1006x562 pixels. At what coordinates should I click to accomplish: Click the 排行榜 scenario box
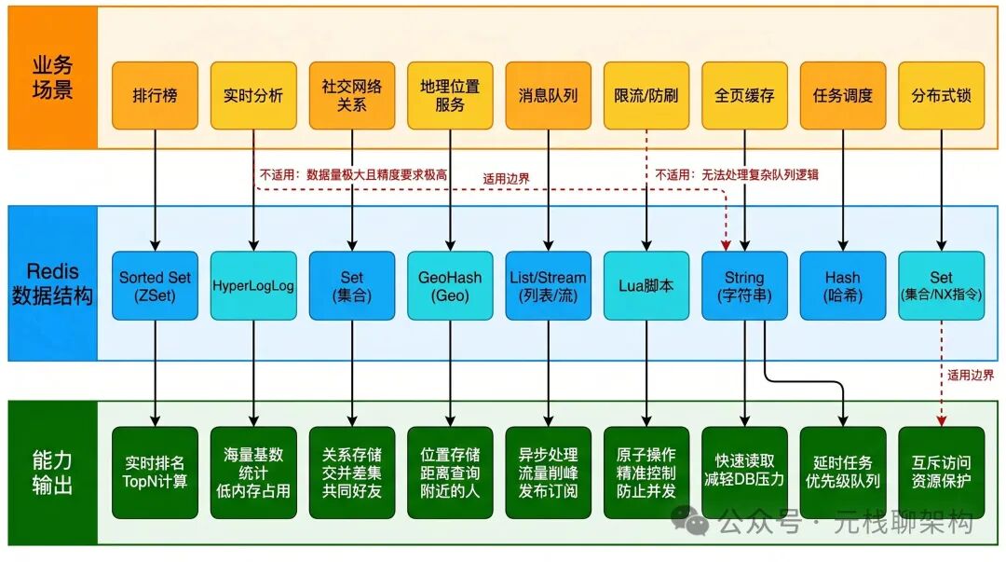coord(155,96)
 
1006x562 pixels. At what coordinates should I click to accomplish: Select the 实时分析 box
coord(253,96)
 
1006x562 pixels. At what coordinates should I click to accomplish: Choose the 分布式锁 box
coord(941,96)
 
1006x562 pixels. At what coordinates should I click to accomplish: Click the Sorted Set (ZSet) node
coord(155,286)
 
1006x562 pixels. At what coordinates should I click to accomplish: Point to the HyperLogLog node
coord(253,286)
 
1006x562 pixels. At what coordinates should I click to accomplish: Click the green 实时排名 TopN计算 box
coord(155,472)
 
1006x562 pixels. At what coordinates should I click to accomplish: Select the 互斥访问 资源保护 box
coord(941,472)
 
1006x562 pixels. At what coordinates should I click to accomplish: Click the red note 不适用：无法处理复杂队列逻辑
coord(736,174)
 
